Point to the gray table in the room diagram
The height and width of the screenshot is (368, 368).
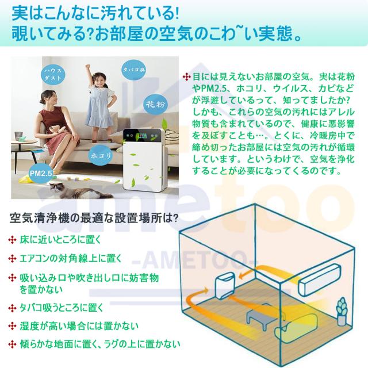point(259,316)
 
